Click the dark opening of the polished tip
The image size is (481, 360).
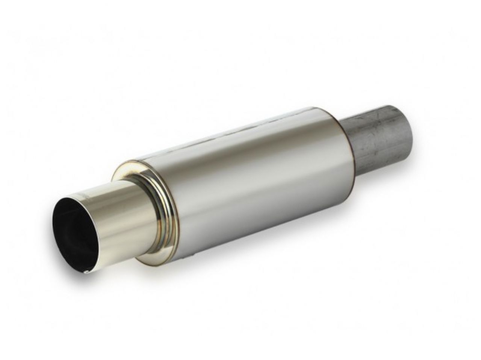pos(73,240)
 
